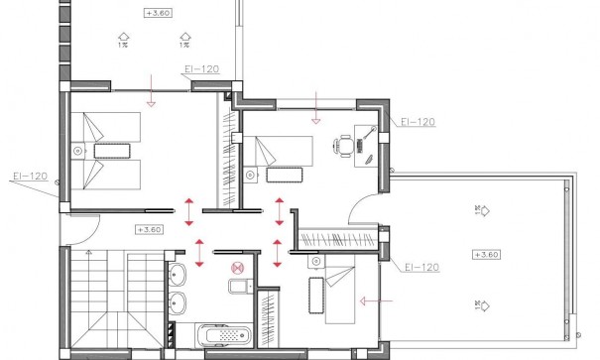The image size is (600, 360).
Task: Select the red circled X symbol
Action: (236, 267)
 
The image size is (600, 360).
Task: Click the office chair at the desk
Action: (343, 146)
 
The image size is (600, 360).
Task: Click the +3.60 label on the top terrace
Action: (156, 14)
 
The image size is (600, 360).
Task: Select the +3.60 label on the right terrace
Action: (486, 255)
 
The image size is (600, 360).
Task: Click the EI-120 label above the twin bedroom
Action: (201, 69)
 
